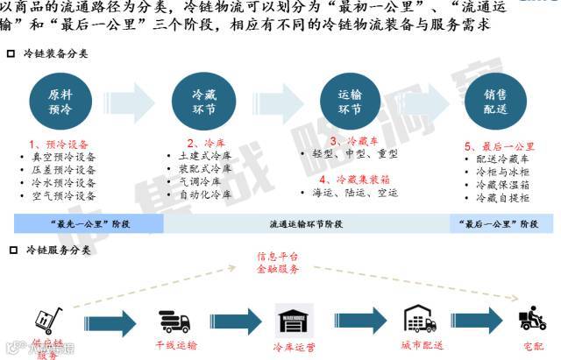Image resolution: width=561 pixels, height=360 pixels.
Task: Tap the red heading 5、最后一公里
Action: pyautogui.click(x=500, y=146)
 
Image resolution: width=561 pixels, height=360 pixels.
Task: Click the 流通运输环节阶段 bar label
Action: pyautogui.click(x=306, y=224)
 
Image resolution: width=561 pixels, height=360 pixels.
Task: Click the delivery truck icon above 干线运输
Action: pyautogui.click(x=176, y=321)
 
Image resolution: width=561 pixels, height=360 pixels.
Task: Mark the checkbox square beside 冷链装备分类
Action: pyautogui.click(x=11, y=53)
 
